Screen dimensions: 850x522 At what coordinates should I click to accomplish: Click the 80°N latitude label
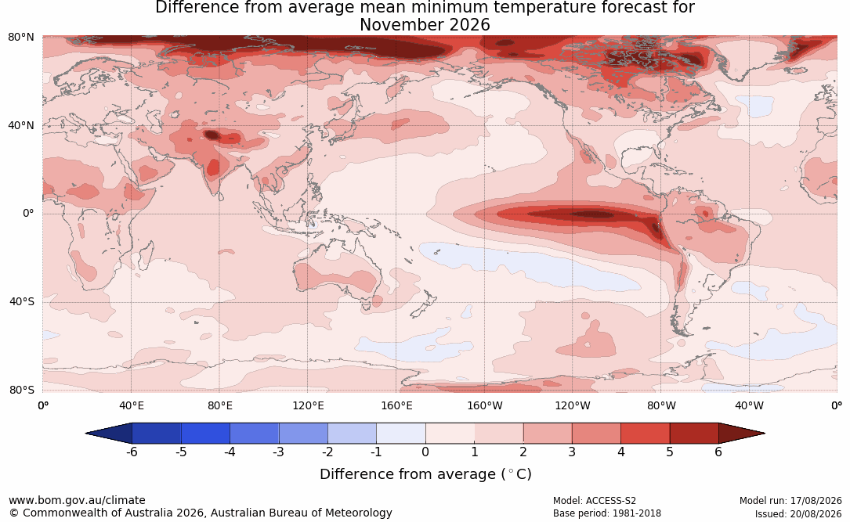20,37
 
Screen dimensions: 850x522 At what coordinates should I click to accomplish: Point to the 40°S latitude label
22,301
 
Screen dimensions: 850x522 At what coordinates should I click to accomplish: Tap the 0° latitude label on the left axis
28,214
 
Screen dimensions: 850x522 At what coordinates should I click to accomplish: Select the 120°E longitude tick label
308,405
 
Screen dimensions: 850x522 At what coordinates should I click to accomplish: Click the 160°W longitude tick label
485,405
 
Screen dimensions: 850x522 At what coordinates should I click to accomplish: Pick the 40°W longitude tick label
749,405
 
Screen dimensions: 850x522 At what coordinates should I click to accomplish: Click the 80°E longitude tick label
219,405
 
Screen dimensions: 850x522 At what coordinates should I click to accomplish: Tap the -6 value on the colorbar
132,452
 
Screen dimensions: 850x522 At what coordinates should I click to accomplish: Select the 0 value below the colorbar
425,452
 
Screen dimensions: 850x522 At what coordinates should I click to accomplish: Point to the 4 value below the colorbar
620,452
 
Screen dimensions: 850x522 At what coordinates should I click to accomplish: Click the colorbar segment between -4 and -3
255,434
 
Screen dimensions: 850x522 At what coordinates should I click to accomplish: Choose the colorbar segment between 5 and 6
694,434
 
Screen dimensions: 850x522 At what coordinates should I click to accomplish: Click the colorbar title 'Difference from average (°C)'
425,474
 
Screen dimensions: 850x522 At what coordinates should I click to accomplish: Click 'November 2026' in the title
425,25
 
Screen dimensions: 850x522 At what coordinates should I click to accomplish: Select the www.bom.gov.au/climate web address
77,500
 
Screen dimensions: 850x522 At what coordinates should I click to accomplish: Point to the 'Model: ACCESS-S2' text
595,501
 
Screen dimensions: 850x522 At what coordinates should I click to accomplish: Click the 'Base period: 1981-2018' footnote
607,513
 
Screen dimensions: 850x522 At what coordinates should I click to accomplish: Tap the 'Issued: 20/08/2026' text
798,513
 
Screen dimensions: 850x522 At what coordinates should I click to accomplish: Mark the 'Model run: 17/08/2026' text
790,501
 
